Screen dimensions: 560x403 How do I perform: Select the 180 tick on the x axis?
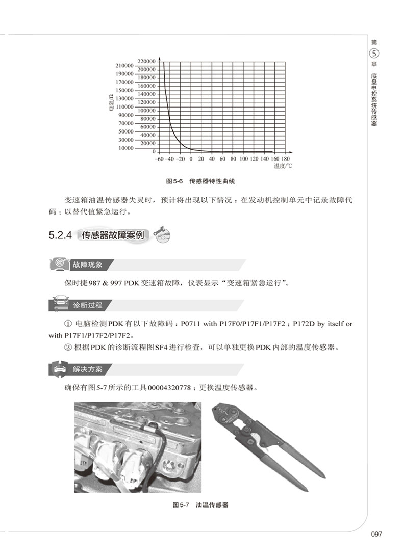coord(286,159)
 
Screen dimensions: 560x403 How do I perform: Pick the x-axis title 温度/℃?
coord(283,166)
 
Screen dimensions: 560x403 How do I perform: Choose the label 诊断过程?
coord(88,305)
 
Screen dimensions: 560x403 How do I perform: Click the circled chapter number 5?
coord(374,54)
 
